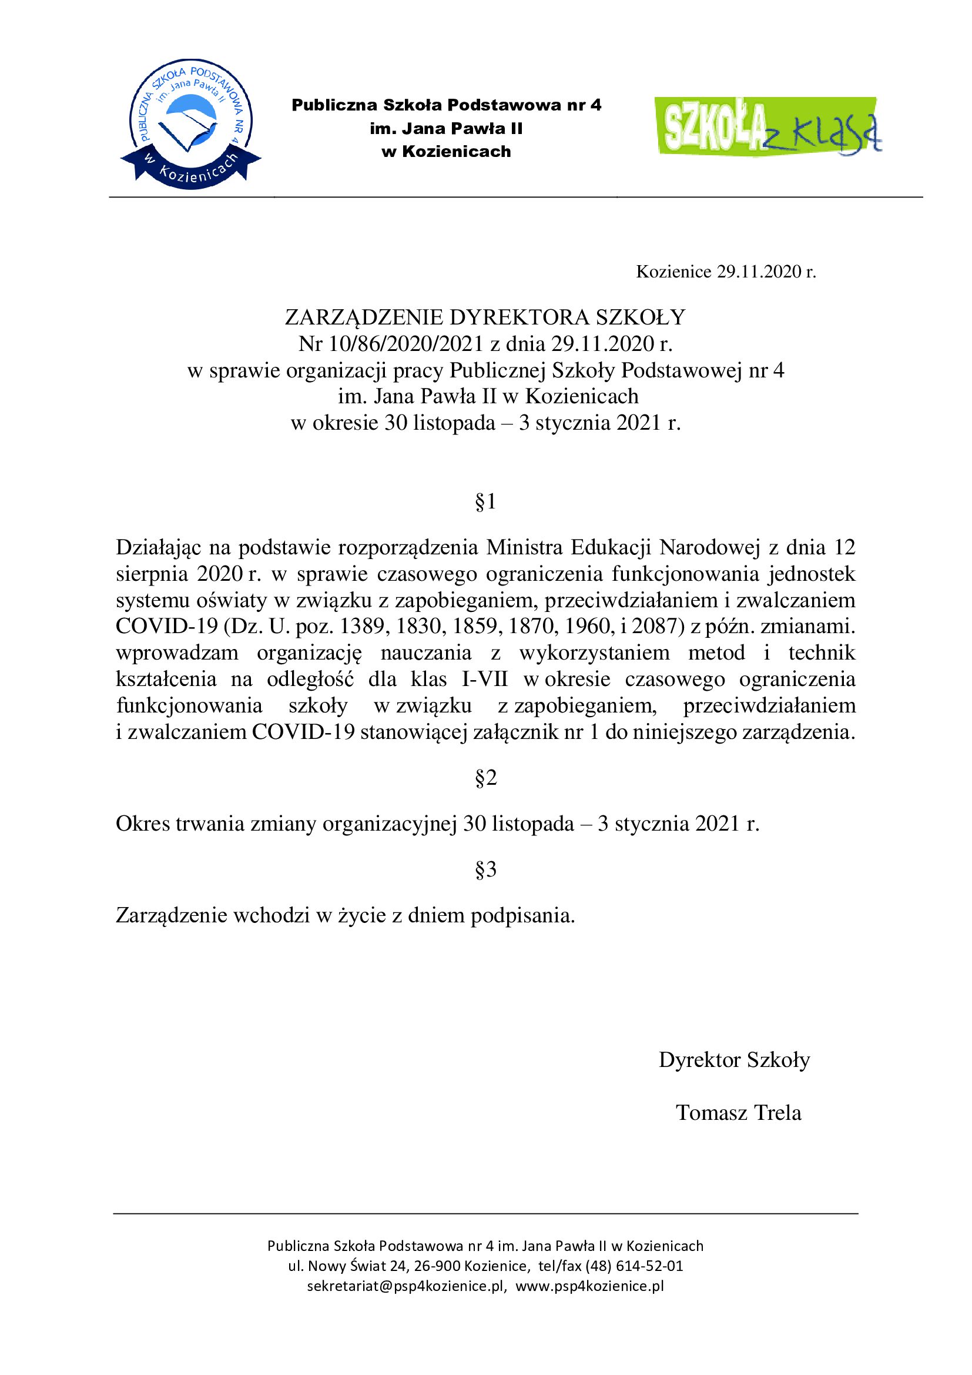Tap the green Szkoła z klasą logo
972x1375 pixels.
click(x=768, y=126)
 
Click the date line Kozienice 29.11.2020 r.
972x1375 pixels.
click(x=725, y=272)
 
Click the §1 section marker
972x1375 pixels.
click(x=485, y=502)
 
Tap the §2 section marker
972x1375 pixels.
click(x=485, y=778)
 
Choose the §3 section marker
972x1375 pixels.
click(x=485, y=869)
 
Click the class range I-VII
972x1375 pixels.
click(x=485, y=679)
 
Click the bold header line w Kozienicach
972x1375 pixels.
click(x=446, y=152)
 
